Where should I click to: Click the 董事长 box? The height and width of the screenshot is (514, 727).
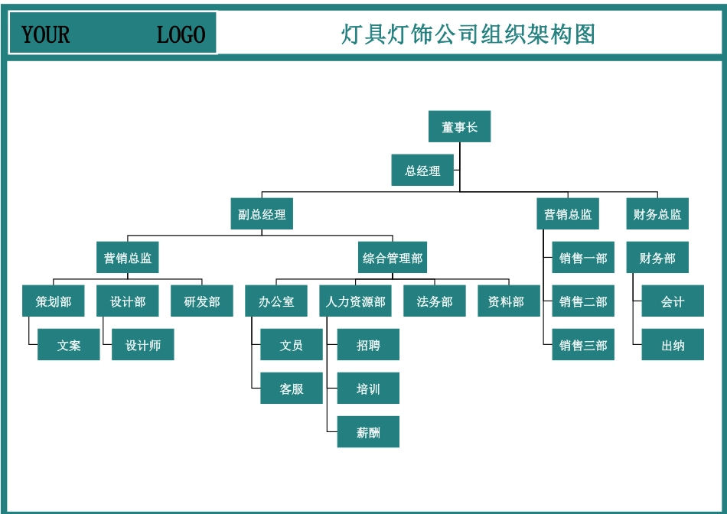coord(459,127)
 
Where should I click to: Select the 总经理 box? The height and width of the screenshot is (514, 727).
coord(422,171)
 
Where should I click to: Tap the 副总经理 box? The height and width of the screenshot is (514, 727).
coord(262,214)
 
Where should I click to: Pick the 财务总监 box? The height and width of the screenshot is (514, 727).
coord(657,214)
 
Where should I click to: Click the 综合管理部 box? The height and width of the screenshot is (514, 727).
coord(393,258)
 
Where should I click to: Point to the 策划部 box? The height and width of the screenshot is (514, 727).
coord(54,301)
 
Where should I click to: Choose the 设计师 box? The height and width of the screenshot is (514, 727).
coord(143,345)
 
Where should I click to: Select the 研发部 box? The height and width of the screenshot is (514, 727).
coord(202,301)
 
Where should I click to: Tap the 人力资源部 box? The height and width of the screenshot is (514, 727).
coord(355,301)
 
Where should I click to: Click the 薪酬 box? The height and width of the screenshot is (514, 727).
coord(368,432)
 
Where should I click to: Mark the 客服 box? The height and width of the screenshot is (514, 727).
coord(292,389)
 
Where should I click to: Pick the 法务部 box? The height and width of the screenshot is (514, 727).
coord(435,301)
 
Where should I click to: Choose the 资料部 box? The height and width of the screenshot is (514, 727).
coord(506,301)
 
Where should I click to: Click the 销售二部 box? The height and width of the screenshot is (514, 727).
coord(583,301)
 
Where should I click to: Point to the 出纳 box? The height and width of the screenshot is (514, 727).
coord(673,345)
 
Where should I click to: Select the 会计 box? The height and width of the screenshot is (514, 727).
coord(673,301)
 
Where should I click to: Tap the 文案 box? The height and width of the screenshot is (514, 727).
coord(69,345)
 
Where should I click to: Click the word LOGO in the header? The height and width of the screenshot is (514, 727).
coord(181,34)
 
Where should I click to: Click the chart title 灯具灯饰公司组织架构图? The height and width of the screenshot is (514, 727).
coord(468,34)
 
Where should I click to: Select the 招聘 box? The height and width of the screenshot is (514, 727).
coord(368,345)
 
